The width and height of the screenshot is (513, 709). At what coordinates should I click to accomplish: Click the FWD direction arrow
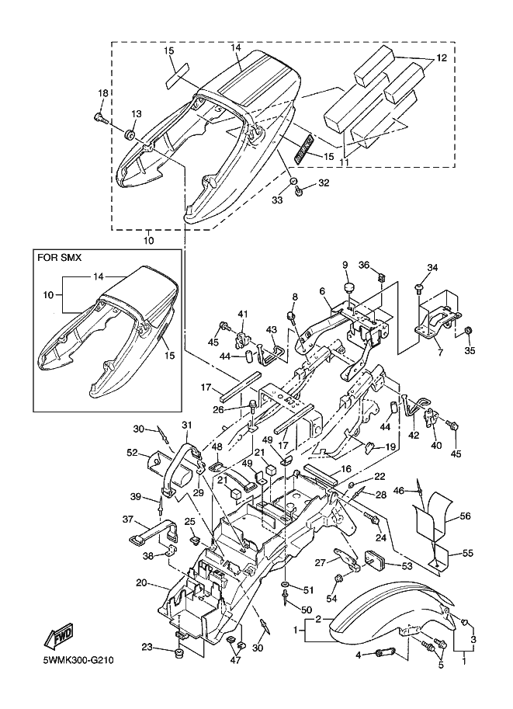(x=61, y=637)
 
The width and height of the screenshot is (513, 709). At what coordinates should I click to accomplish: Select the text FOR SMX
(x=61, y=255)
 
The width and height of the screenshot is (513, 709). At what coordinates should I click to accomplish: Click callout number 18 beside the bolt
(x=102, y=94)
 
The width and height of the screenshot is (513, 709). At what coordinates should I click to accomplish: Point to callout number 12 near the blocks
(x=440, y=58)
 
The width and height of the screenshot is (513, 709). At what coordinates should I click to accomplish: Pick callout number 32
(x=324, y=184)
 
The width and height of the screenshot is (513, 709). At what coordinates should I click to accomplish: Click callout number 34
(x=432, y=268)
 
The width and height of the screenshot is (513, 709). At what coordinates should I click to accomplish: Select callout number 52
(x=133, y=453)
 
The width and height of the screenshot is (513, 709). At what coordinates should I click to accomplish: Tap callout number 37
(x=129, y=520)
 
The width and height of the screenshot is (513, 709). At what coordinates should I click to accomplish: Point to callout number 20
(x=141, y=582)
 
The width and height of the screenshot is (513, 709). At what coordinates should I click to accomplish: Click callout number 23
(x=147, y=647)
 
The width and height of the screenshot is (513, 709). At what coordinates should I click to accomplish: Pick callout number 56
(x=465, y=515)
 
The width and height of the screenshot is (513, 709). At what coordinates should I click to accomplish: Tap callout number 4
(x=358, y=655)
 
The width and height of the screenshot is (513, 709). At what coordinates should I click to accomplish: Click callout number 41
(x=241, y=313)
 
